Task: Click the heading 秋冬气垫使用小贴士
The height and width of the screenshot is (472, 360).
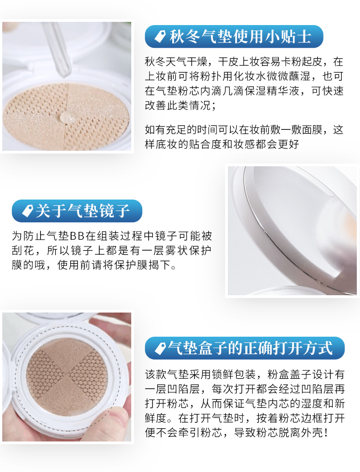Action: point(240,37)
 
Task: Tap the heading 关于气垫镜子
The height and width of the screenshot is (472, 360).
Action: point(82,210)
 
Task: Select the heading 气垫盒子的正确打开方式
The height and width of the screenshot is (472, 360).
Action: point(250,348)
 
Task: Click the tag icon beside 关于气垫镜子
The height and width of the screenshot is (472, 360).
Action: point(27,210)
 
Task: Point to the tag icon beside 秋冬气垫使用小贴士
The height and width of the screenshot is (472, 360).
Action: point(160,36)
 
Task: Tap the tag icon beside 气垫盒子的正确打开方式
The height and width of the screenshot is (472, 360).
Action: point(160,348)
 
